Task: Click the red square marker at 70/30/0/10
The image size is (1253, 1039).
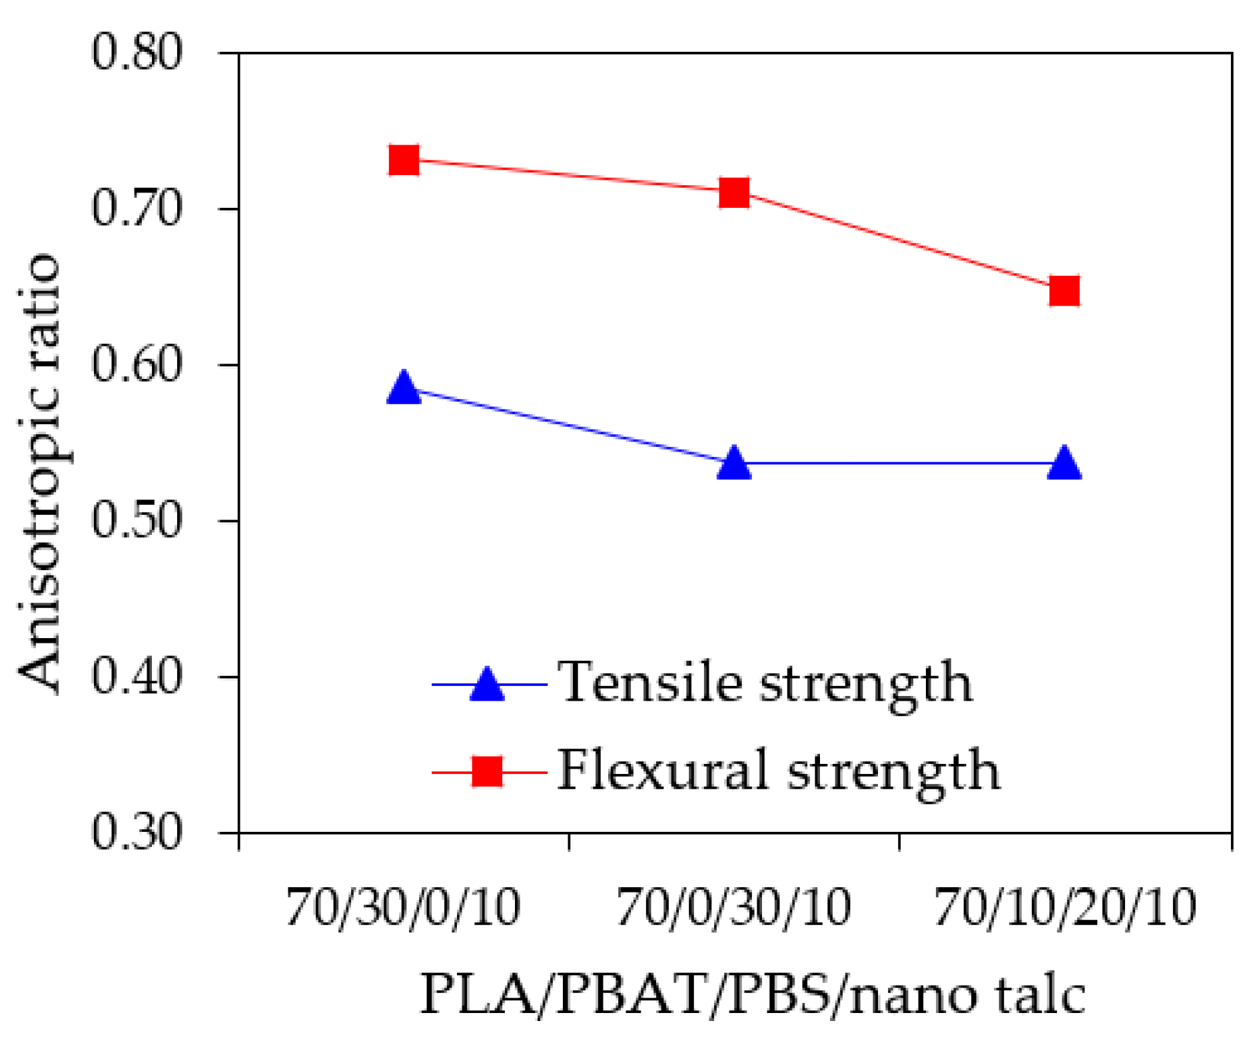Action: [x=404, y=161]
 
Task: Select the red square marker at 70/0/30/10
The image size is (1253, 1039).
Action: [x=734, y=193]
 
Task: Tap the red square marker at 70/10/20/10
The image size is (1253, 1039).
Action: [x=1064, y=291]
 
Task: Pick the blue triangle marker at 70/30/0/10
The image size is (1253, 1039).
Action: [x=404, y=388]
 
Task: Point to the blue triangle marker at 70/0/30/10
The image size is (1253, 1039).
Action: [x=734, y=464]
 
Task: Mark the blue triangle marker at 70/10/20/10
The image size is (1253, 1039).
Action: [x=1064, y=464]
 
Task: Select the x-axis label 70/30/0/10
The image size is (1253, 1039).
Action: [x=403, y=908]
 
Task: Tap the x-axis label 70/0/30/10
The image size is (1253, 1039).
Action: [x=733, y=908]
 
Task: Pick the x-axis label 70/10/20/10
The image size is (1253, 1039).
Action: [x=1065, y=908]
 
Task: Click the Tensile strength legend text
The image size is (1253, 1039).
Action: [x=765, y=683]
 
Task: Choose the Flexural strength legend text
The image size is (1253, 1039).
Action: [x=778, y=771]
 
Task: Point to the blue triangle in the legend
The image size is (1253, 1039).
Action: [x=487, y=684]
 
